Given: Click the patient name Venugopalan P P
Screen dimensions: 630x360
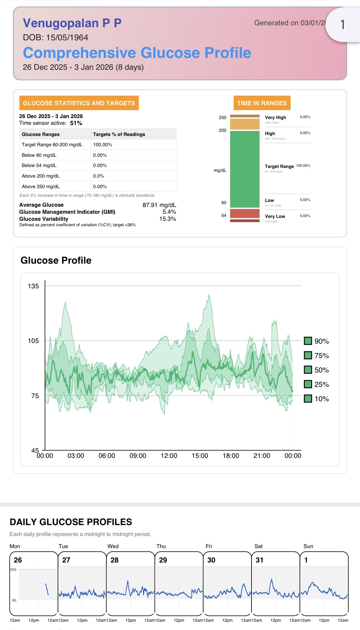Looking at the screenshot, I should point(72,23).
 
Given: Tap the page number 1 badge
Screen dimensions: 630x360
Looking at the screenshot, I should point(342,25).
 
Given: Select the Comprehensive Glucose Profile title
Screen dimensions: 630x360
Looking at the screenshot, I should point(137,53).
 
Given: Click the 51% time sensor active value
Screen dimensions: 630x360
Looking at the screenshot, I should point(76,123).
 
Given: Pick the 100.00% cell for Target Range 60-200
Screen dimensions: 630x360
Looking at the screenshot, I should point(103,145).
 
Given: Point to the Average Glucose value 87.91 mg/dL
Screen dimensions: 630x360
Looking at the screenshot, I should point(159,205).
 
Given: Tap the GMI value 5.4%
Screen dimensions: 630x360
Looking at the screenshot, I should point(169,212).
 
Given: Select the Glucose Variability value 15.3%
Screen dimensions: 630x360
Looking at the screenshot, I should point(168,219).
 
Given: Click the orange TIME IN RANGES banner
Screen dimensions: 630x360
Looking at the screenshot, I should point(262,103).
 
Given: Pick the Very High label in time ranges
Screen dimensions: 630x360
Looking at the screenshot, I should point(275,117).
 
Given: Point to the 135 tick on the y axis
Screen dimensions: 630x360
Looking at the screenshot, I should point(33,286).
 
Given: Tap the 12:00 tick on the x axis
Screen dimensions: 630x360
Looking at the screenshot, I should point(169,456).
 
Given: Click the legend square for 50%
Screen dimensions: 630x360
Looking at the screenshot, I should point(308,370).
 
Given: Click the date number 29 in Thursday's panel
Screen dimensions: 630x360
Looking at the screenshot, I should point(163,560).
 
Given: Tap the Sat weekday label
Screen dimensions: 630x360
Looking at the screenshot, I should point(258,546).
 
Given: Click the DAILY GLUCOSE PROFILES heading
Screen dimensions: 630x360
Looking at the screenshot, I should point(71,522).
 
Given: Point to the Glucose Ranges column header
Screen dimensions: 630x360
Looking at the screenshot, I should point(41,134).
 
